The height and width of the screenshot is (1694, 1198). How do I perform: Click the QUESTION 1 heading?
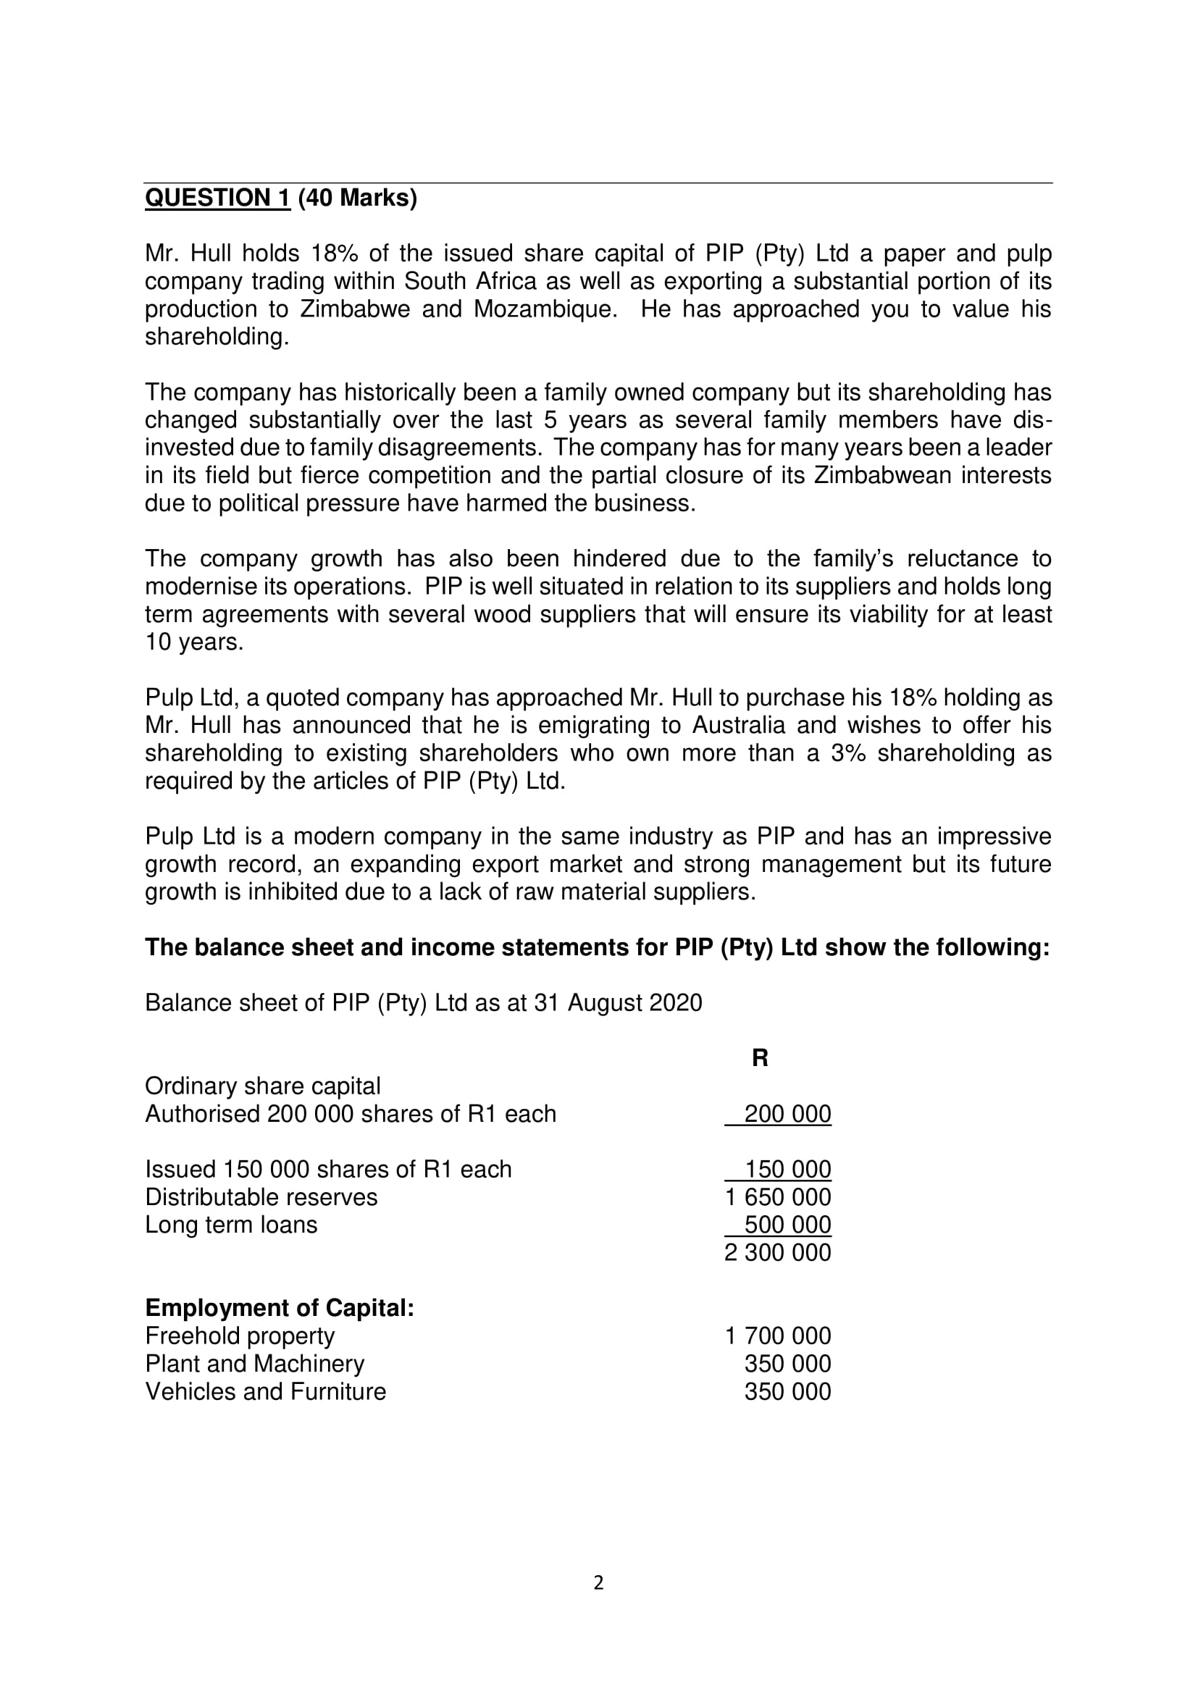coord(217,198)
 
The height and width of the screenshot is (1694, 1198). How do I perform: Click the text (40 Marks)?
coord(357,198)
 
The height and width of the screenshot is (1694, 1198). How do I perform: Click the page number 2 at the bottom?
coord(598,1582)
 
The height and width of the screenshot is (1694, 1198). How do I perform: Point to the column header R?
coord(760,1058)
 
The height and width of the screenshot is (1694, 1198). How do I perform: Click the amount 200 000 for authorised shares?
coord(787,1114)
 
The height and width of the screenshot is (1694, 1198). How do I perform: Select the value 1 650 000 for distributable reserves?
coord(777,1197)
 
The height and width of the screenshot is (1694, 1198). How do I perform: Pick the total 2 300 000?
coord(777,1253)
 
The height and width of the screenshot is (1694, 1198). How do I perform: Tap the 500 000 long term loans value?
coord(787,1225)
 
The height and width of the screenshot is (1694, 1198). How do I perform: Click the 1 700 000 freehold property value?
coord(777,1336)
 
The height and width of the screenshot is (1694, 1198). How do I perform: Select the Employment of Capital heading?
coord(280,1308)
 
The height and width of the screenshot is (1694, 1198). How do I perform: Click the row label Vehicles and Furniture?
coord(266,1391)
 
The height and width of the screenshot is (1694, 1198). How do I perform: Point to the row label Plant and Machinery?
coord(254,1364)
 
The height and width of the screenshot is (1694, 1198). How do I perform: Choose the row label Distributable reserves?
coord(261,1197)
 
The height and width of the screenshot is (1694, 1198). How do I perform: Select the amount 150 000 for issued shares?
coord(787,1170)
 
